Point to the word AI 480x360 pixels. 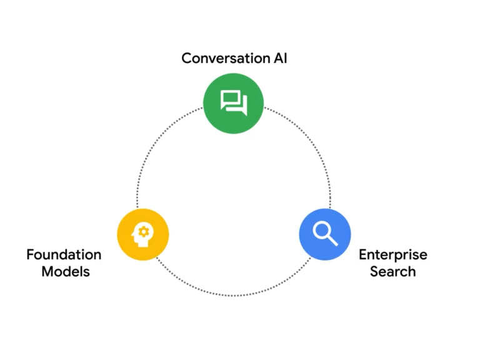pyautogui.click(x=279, y=59)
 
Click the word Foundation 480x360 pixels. pyautogui.click(x=64, y=255)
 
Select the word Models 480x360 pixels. pyautogui.click(x=66, y=272)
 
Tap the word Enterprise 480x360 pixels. pyautogui.click(x=392, y=255)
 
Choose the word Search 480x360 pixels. pyautogui.click(x=392, y=272)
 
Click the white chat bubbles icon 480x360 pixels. pyautogui.click(x=234, y=102)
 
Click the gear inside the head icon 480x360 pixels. pyautogui.click(x=144, y=231)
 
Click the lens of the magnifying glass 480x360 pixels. pyautogui.click(x=322, y=231)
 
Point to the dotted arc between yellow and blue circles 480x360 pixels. pyautogui.click(x=234, y=295)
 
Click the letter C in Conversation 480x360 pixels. pyautogui.click(x=186, y=59)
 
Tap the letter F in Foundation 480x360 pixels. pyautogui.click(x=30, y=255)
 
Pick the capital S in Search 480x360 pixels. pyautogui.click(x=375, y=272)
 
